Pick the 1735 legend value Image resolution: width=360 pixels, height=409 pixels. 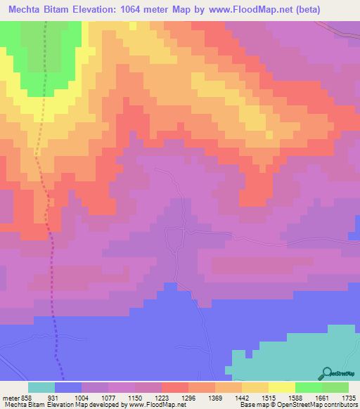pyautogui.click(x=348, y=398)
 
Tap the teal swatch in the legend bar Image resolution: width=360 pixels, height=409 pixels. pyautogui.click(x=41, y=387)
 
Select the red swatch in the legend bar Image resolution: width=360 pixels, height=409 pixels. pyautogui.click(x=174, y=387)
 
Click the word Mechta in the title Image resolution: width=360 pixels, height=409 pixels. pyautogui.click(x=25, y=10)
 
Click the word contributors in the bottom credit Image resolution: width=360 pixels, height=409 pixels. pyautogui.click(x=335, y=405)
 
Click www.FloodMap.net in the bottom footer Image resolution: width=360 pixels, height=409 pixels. pyautogui.click(x=150, y=405)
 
